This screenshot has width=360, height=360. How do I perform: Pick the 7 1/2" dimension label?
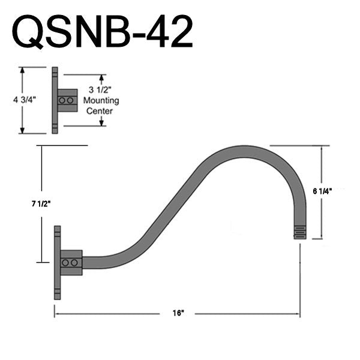[41, 203]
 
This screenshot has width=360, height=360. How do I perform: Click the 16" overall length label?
[178, 313]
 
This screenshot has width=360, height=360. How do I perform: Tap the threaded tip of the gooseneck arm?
[300, 232]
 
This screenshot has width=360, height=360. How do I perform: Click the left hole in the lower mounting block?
[65, 263]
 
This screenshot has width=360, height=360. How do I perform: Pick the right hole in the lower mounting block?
[74, 263]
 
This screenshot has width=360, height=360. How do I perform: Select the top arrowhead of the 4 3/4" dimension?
[23, 70]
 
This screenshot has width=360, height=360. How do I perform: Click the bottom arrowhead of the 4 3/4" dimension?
[23, 130]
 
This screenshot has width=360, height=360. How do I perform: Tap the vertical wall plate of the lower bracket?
[57, 263]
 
